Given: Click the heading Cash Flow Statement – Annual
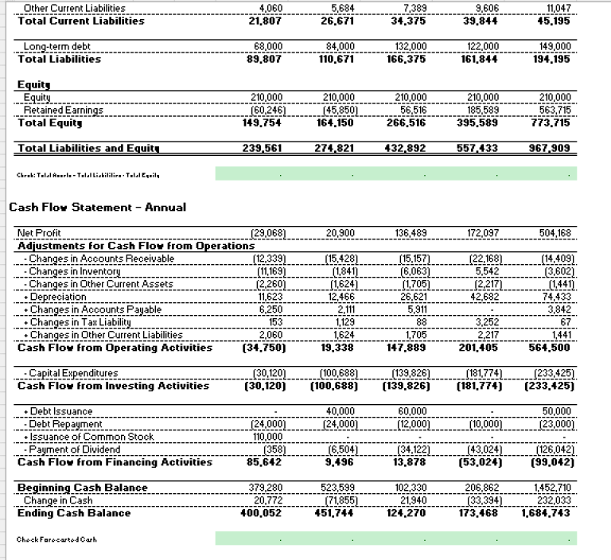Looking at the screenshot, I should click(x=97, y=208).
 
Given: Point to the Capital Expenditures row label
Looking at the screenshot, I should click(x=69, y=373).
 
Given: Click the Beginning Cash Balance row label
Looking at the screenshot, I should click(x=82, y=488).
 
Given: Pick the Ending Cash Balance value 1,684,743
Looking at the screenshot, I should click(x=547, y=513).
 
